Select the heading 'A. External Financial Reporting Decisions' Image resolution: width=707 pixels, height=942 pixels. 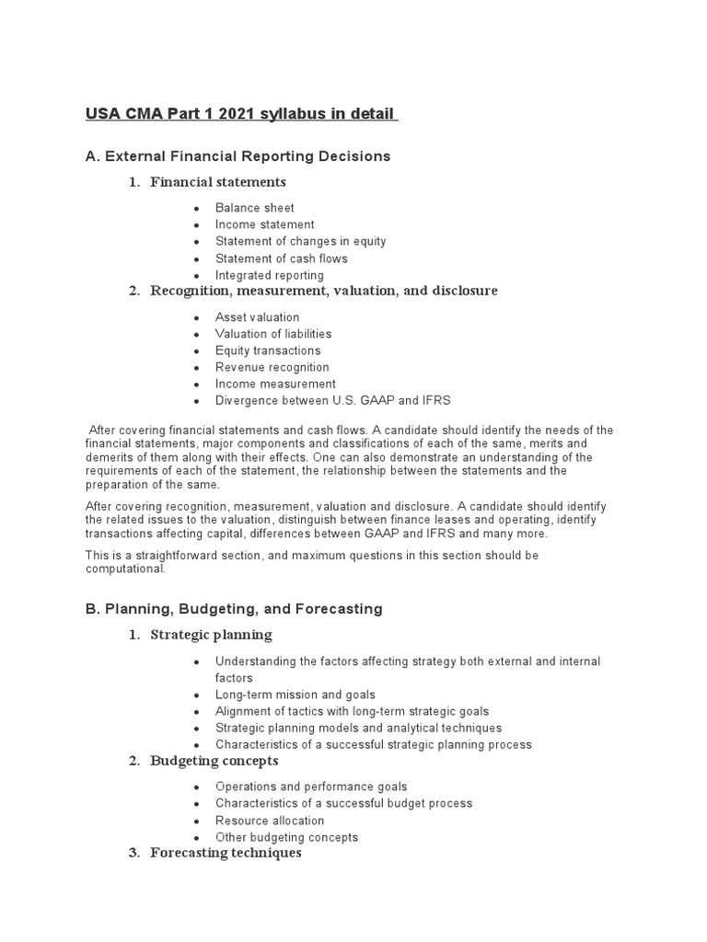238,156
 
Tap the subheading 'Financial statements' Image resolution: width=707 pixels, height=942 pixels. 218,181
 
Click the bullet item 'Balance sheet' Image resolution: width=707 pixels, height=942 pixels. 255,208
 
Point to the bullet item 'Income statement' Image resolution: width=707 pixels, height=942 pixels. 264,224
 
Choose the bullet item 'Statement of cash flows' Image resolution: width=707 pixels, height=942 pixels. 282,258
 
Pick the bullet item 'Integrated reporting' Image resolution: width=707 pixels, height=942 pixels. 270,275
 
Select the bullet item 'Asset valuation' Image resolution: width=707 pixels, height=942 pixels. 257,317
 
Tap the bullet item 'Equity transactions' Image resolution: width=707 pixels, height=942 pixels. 268,350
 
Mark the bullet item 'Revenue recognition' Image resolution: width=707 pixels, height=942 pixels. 272,367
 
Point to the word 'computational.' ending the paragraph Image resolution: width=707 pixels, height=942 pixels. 126,569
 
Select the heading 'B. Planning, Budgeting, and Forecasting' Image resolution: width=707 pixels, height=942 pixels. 234,609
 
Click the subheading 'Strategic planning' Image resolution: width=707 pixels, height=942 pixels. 211,635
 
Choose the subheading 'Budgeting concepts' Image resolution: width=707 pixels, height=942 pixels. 214,761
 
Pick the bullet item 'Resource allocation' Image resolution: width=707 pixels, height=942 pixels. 270,821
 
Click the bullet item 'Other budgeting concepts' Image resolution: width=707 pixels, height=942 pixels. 286,837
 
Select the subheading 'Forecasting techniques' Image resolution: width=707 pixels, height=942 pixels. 226,853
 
